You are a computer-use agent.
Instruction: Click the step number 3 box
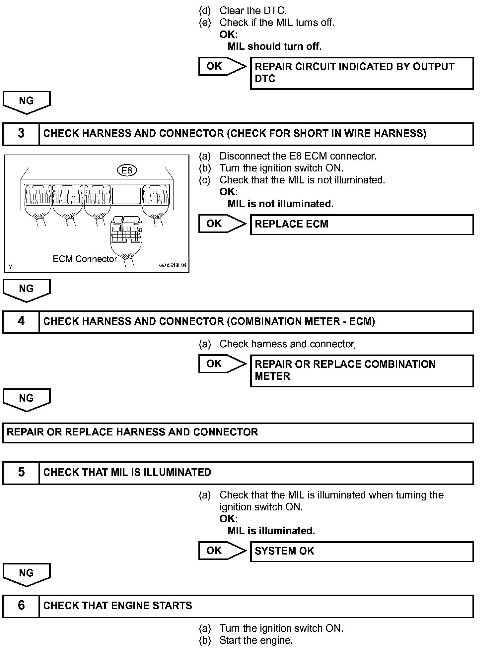pyautogui.click(x=21, y=134)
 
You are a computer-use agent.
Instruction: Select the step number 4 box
pyautogui.click(x=21, y=321)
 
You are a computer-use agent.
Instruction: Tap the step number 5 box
pyautogui.click(x=21, y=473)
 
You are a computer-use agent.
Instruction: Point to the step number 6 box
pyautogui.click(x=21, y=606)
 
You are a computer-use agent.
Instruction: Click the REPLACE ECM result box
pyautogui.click(x=361, y=225)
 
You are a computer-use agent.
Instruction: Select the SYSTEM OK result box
pyautogui.click(x=361, y=552)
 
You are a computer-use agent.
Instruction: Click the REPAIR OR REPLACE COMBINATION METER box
pyautogui.click(x=361, y=370)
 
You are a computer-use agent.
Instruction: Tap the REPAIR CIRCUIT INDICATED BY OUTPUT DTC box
pyautogui.click(x=361, y=73)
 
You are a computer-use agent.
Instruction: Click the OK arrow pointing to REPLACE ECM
pyautogui.click(x=222, y=224)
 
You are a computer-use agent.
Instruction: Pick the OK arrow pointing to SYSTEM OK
pyautogui.click(x=222, y=551)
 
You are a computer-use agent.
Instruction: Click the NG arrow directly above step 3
pyautogui.click(x=27, y=102)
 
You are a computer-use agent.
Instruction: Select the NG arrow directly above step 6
pyautogui.click(x=27, y=574)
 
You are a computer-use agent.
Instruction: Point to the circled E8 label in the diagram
pyautogui.click(x=127, y=170)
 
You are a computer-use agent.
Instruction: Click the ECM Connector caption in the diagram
pyautogui.click(x=85, y=259)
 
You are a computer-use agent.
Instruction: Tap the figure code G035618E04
pyautogui.click(x=173, y=265)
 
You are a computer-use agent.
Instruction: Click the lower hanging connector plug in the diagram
pyautogui.click(x=126, y=232)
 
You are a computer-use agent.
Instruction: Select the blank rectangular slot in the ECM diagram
pyautogui.click(x=126, y=196)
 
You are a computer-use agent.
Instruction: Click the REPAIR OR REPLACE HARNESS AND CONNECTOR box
pyautogui.click(x=238, y=432)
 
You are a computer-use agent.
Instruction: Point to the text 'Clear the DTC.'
pyautogui.click(x=252, y=11)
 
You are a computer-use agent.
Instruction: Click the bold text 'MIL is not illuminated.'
pyautogui.click(x=280, y=204)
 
